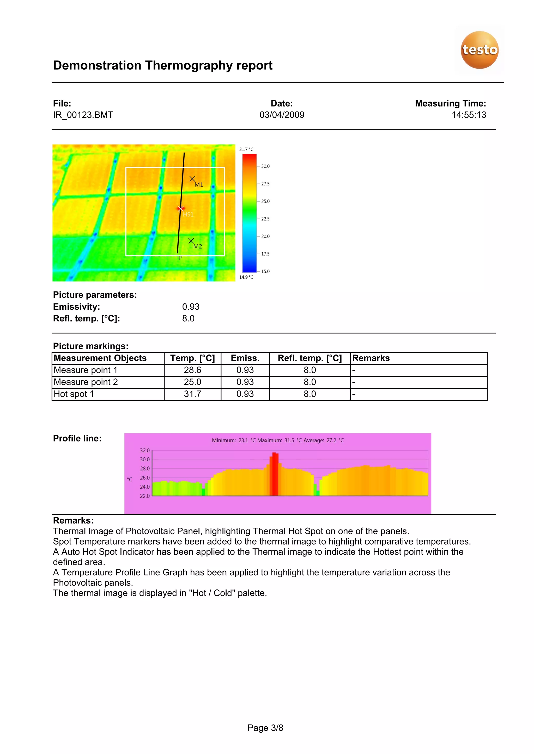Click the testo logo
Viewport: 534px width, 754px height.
tap(480, 50)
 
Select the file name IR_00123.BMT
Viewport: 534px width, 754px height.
tap(83, 115)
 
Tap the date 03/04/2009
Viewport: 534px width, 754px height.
tap(282, 115)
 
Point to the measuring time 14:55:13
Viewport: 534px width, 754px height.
tap(469, 115)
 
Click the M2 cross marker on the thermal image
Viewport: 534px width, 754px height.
tap(191, 241)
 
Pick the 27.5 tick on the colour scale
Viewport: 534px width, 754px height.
tap(265, 184)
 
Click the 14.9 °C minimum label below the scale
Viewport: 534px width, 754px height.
tap(246, 277)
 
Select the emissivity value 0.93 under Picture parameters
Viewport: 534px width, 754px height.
tap(191, 307)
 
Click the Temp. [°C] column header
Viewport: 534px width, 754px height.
tap(192, 358)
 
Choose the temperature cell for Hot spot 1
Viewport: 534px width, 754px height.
tap(192, 394)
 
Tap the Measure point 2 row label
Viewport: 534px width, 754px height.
tap(86, 382)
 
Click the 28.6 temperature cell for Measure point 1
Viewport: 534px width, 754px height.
tap(192, 370)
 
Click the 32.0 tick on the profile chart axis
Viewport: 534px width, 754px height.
tap(145, 451)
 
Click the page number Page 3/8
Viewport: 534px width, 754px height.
tap(265, 728)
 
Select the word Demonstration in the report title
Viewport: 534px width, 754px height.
tap(97, 66)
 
